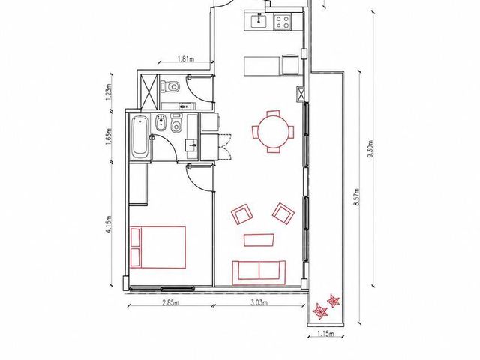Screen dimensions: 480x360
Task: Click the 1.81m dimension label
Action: click(186, 58)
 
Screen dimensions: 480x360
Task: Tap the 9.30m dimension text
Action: click(372, 149)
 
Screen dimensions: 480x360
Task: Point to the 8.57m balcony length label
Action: click(356, 196)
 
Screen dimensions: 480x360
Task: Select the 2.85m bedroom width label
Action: click(170, 303)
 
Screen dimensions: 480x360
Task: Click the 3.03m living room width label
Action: click(259, 303)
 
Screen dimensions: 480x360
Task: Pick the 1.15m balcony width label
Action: click(325, 333)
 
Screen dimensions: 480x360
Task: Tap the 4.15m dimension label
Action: click(109, 224)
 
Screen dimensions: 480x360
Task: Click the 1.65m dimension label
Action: click(109, 136)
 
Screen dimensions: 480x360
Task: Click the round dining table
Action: click(273, 132)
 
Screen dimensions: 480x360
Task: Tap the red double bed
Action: click(158, 247)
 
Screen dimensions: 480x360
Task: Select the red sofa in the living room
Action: click(259, 273)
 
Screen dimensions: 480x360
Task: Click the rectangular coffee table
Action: click(259, 240)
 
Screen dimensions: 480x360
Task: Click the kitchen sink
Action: click(259, 21)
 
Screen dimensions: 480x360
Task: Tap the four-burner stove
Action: click(282, 22)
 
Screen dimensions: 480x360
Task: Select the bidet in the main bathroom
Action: click(160, 123)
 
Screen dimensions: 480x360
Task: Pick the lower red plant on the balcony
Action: click(320, 312)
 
